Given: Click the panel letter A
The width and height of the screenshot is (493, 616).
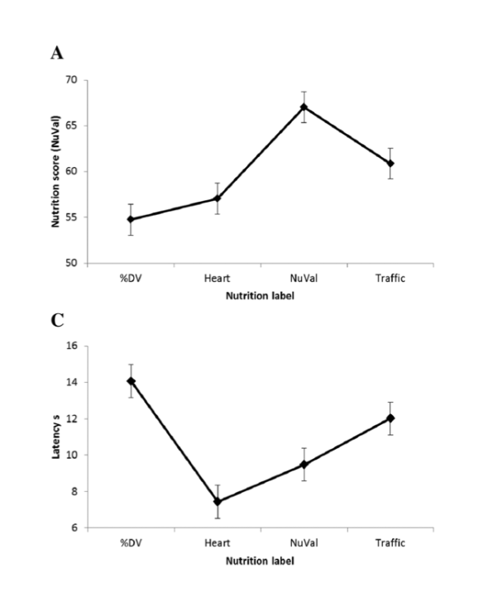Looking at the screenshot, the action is [57, 53].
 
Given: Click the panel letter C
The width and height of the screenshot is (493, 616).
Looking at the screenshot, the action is [57, 321].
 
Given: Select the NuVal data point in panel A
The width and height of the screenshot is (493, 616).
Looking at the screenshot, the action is [304, 107].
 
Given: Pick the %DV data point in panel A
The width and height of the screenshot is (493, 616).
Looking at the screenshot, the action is [131, 219].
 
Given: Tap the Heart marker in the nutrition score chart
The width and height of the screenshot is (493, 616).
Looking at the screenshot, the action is [218, 198].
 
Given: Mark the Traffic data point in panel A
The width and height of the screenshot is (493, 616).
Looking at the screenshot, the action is [390, 163].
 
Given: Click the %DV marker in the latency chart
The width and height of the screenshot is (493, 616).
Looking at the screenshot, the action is [131, 381].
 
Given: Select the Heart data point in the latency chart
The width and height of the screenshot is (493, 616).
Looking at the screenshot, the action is [218, 502].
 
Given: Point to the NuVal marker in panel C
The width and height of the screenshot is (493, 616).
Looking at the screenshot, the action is [304, 465].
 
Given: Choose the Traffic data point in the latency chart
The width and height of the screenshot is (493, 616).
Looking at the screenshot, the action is [390, 418].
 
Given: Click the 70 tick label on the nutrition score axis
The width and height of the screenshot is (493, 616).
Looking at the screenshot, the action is [72, 80].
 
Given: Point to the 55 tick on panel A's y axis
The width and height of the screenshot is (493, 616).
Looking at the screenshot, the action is [72, 217].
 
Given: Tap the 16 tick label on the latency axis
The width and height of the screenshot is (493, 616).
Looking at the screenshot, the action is [72, 346].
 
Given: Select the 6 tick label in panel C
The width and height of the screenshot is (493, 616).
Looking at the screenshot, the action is [74, 528].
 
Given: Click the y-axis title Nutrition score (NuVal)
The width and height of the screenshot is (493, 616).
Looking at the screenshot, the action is [55, 171].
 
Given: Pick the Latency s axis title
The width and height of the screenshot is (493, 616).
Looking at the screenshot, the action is [55, 437].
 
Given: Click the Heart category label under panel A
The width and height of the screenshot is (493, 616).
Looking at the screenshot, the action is [217, 279].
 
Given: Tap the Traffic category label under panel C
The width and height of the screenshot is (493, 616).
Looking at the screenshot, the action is [390, 543].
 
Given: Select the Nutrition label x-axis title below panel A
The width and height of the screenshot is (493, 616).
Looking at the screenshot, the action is [260, 296].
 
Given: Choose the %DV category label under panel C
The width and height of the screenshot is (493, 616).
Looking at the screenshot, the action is [131, 543].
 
